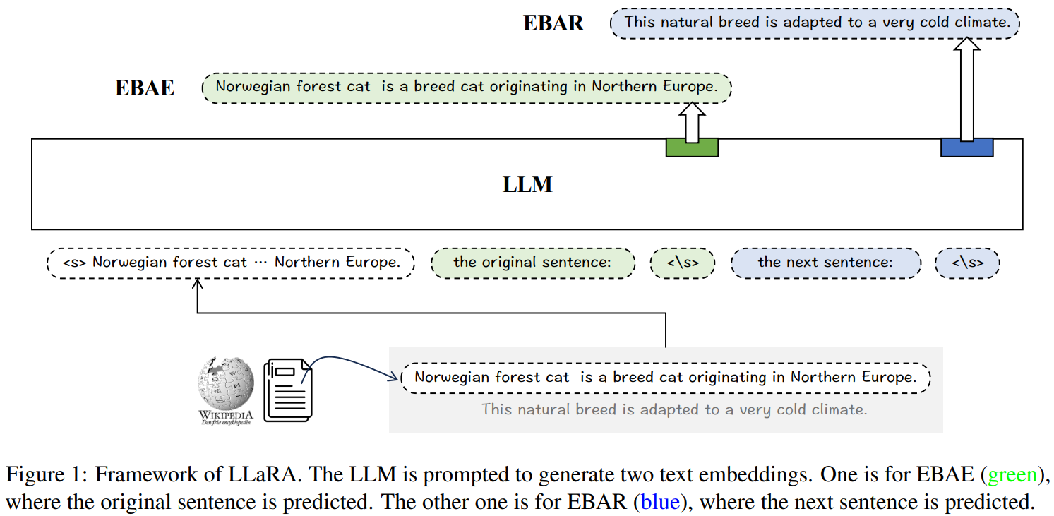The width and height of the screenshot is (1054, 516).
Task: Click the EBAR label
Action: [553, 23]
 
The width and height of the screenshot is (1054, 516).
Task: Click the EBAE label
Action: [145, 88]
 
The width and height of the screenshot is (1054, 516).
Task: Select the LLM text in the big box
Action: [527, 185]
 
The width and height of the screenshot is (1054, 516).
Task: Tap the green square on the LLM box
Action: [692, 147]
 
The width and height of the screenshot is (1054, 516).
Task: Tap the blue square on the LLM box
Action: [966, 147]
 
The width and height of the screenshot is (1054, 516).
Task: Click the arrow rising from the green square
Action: [692, 121]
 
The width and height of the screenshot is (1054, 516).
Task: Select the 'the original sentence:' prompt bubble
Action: [532, 263]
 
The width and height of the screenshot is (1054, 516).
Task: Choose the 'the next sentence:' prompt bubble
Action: [825, 263]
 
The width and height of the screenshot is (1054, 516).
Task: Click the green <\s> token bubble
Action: [683, 263]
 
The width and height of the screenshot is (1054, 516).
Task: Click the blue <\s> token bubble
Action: [967, 263]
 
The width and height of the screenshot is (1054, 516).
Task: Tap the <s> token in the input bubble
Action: [74, 263]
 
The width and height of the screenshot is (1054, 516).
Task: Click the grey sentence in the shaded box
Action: [673, 409]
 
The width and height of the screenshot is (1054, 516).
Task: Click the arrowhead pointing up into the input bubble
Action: [198, 283]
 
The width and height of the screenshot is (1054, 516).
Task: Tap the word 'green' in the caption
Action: [1012, 475]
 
